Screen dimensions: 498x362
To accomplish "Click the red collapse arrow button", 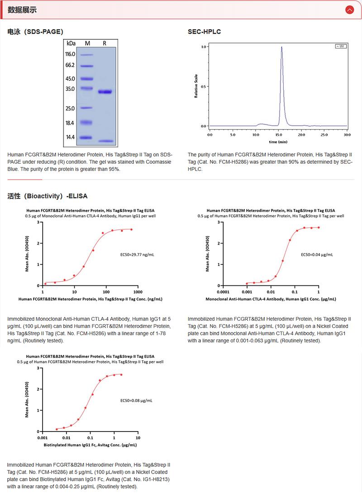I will (x=349, y=9).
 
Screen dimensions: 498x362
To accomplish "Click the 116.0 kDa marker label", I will (x=70, y=54).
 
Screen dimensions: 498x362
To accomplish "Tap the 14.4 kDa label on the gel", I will (x=70, y=137).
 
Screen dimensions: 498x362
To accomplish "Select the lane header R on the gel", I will (x=105, y=43).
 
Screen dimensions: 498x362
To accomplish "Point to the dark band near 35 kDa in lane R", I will (x=105, y=92).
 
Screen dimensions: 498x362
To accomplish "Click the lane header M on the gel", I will (x=87, y=43).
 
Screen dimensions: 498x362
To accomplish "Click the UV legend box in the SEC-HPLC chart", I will (x=340, y=46).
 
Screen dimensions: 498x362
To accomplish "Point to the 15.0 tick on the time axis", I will (x=278, y=134).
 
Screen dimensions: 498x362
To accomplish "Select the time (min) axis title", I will (x=278, y=142).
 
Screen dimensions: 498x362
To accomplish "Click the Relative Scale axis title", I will (x=196, y=86).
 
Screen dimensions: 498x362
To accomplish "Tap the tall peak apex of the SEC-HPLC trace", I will (x=281, y=47).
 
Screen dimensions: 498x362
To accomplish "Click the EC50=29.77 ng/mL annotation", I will (x=137, y=255).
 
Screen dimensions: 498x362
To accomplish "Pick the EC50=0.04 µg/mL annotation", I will (x=317, y=255).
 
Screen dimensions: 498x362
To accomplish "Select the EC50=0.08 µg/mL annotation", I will (x=136, y=400).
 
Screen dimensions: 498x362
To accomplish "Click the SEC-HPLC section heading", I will (x=204, y=32).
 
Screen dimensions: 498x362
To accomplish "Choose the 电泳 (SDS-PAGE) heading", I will (x=35, y=32).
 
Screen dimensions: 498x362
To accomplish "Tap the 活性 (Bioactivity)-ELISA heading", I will (x=48, y=196).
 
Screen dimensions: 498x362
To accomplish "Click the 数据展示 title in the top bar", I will (x=22, y=9).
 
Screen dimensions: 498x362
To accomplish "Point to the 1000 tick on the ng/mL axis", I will (x=138, y=292).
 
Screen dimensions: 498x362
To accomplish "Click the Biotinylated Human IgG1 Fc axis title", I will (x=90, y=445).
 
